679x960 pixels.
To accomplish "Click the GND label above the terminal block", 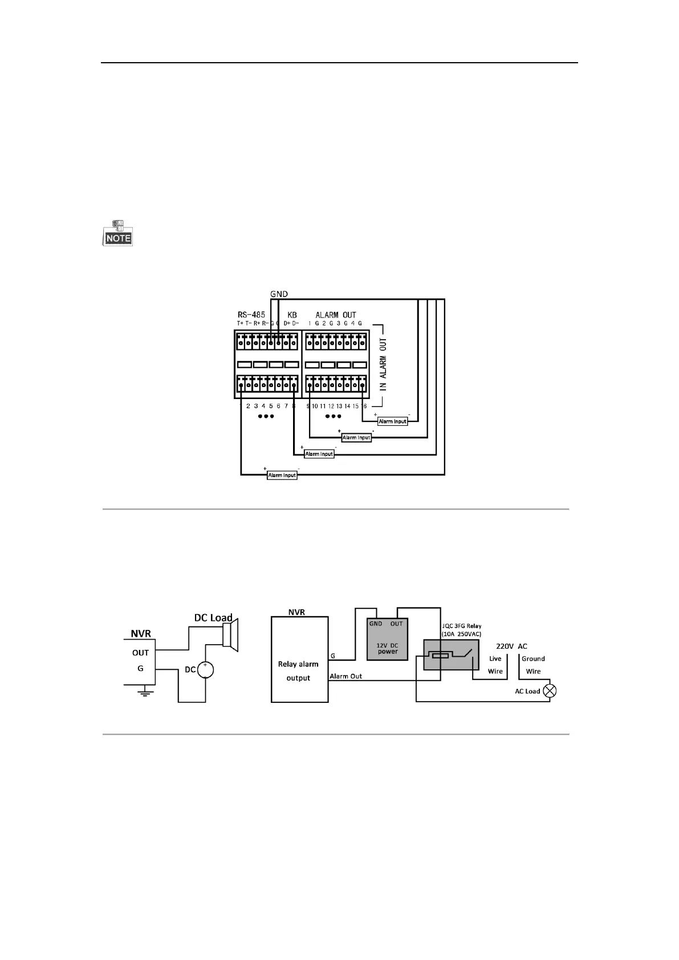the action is tap(279, 294).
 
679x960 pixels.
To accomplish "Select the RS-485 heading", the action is tap(251, 315).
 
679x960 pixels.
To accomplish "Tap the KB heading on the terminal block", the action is tap(292, 315).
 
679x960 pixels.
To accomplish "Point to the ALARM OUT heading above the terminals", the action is tap(336, 315).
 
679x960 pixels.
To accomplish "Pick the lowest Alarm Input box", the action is tap(282, 475).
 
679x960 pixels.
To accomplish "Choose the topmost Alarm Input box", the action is tap(393, 421).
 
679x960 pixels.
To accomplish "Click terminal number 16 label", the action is tap(364, 406).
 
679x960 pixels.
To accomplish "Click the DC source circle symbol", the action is tap(205, 670).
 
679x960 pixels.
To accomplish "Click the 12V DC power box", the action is tap(388, 639).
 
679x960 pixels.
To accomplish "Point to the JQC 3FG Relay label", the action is tap(462, 629).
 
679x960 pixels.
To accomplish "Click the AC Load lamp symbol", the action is tap(550, 691).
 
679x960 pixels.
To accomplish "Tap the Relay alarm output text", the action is tap(298, 671).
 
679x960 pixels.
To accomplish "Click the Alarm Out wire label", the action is tap(345, 676).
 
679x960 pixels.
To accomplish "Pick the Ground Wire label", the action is tap(533, 665).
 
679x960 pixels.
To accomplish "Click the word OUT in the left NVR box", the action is tap(140, 653).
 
